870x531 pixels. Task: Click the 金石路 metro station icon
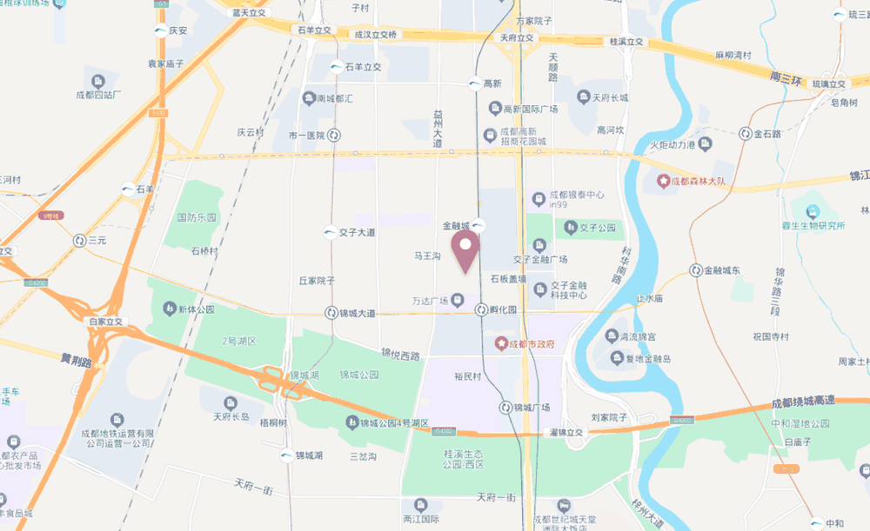click(746, 134)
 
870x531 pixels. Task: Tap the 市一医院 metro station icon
click(334, 135)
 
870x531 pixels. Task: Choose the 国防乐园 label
click(197, 216)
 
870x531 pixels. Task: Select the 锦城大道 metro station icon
click(331, 312)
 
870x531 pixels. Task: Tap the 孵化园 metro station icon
click(480, 309)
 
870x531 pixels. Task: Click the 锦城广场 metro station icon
click(505, 407)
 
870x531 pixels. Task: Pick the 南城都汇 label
click(335, 98)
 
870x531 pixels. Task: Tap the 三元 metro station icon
click(80, 240)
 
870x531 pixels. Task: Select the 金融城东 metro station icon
click(695, 270)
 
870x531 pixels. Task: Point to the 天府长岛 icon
click(231, 402)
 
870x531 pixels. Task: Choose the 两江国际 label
click(421, 518)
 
